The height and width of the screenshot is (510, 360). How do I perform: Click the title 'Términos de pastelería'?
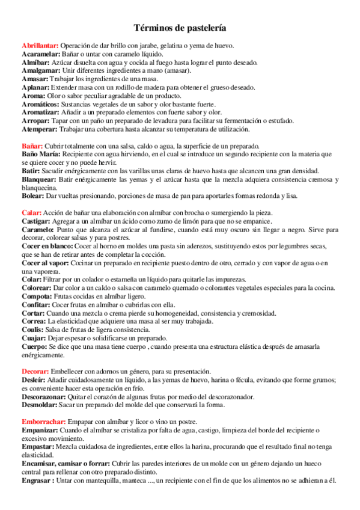point(180,28)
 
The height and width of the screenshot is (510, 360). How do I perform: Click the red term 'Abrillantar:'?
point(40,46)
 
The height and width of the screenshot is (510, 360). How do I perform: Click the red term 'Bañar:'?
point(32,146)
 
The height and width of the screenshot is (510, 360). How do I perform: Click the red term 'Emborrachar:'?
point(43,422)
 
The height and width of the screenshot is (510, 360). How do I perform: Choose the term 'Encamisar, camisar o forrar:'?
point(66,463)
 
